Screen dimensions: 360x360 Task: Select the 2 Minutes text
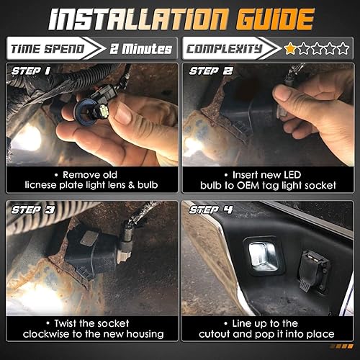click(x=141, y=49)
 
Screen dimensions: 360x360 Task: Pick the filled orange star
click(x=290, y=49)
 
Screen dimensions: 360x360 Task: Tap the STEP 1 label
click(x=30, y=71)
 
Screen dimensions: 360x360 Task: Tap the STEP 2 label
click(x=210, y=71)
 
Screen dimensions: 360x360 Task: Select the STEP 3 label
click(x=30, y=210)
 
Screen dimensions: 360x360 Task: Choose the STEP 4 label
click(x=211, y=210)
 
